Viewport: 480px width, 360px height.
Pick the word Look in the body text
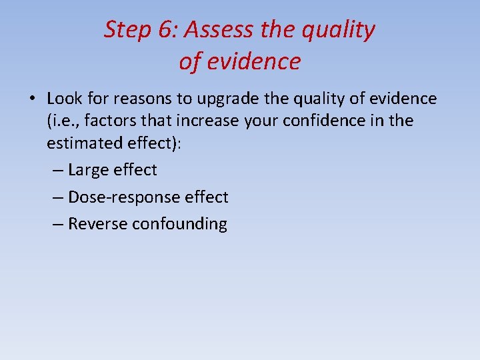tap(63, 99)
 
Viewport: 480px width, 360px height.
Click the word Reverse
tap(97, 223)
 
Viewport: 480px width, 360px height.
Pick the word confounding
tap(179, 224)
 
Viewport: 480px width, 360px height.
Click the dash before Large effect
tap(57, 170)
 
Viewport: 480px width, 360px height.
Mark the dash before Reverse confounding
tap(57, 224)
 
